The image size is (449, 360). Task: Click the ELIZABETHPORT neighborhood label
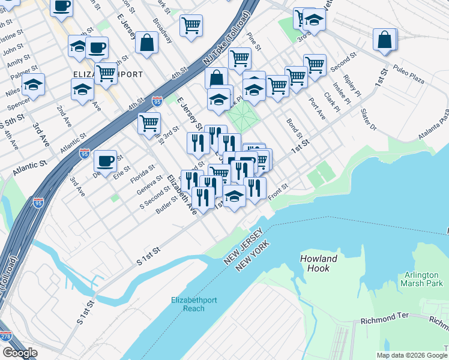107,75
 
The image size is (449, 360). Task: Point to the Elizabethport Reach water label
196,304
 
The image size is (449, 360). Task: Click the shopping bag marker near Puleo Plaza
385,40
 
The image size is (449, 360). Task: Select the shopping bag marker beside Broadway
146,43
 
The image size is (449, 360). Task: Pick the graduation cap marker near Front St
234,196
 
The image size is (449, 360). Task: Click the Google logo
19,353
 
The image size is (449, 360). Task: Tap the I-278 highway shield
5,337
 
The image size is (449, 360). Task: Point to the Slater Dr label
366,116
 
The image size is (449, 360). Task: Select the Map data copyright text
411,355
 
